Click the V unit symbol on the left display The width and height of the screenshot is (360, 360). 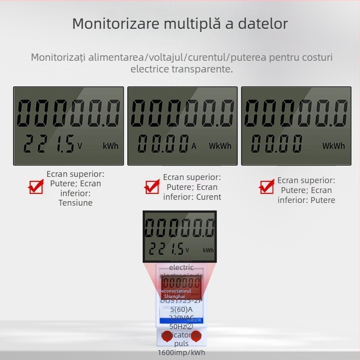pyautogui.click(x=80, y=146)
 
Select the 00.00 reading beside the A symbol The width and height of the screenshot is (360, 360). pyautogui.click(x=163, y=144)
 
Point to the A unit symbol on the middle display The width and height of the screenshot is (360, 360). pyautogui.click(x=194, y=146)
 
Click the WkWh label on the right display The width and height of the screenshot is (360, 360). pyautogui.click(x=333, y=146)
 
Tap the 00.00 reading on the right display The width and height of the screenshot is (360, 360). pyautogui.click(x=276, y=144)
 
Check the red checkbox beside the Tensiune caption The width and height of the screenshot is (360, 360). pyautogui.click(x=36, y=186)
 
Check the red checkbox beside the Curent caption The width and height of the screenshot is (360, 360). pyautogui.click(x=152, y=186)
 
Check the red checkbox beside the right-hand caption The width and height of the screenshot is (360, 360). pyautogui.click(x=267, y=186)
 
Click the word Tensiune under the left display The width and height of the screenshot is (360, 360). pyautogui.click(x=76, y=203)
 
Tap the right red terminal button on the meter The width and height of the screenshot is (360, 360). pyautogui.click(x=196, y=336)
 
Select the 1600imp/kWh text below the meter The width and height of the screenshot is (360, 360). pyautogui.click(x=181, y=353)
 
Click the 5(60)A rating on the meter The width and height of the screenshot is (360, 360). pyautogui.click(x=181, y=310)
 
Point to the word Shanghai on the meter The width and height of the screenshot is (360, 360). pyautogui.click(x=175, y=296)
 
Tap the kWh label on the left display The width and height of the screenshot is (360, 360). pyautogui.click(x=111, y=146)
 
